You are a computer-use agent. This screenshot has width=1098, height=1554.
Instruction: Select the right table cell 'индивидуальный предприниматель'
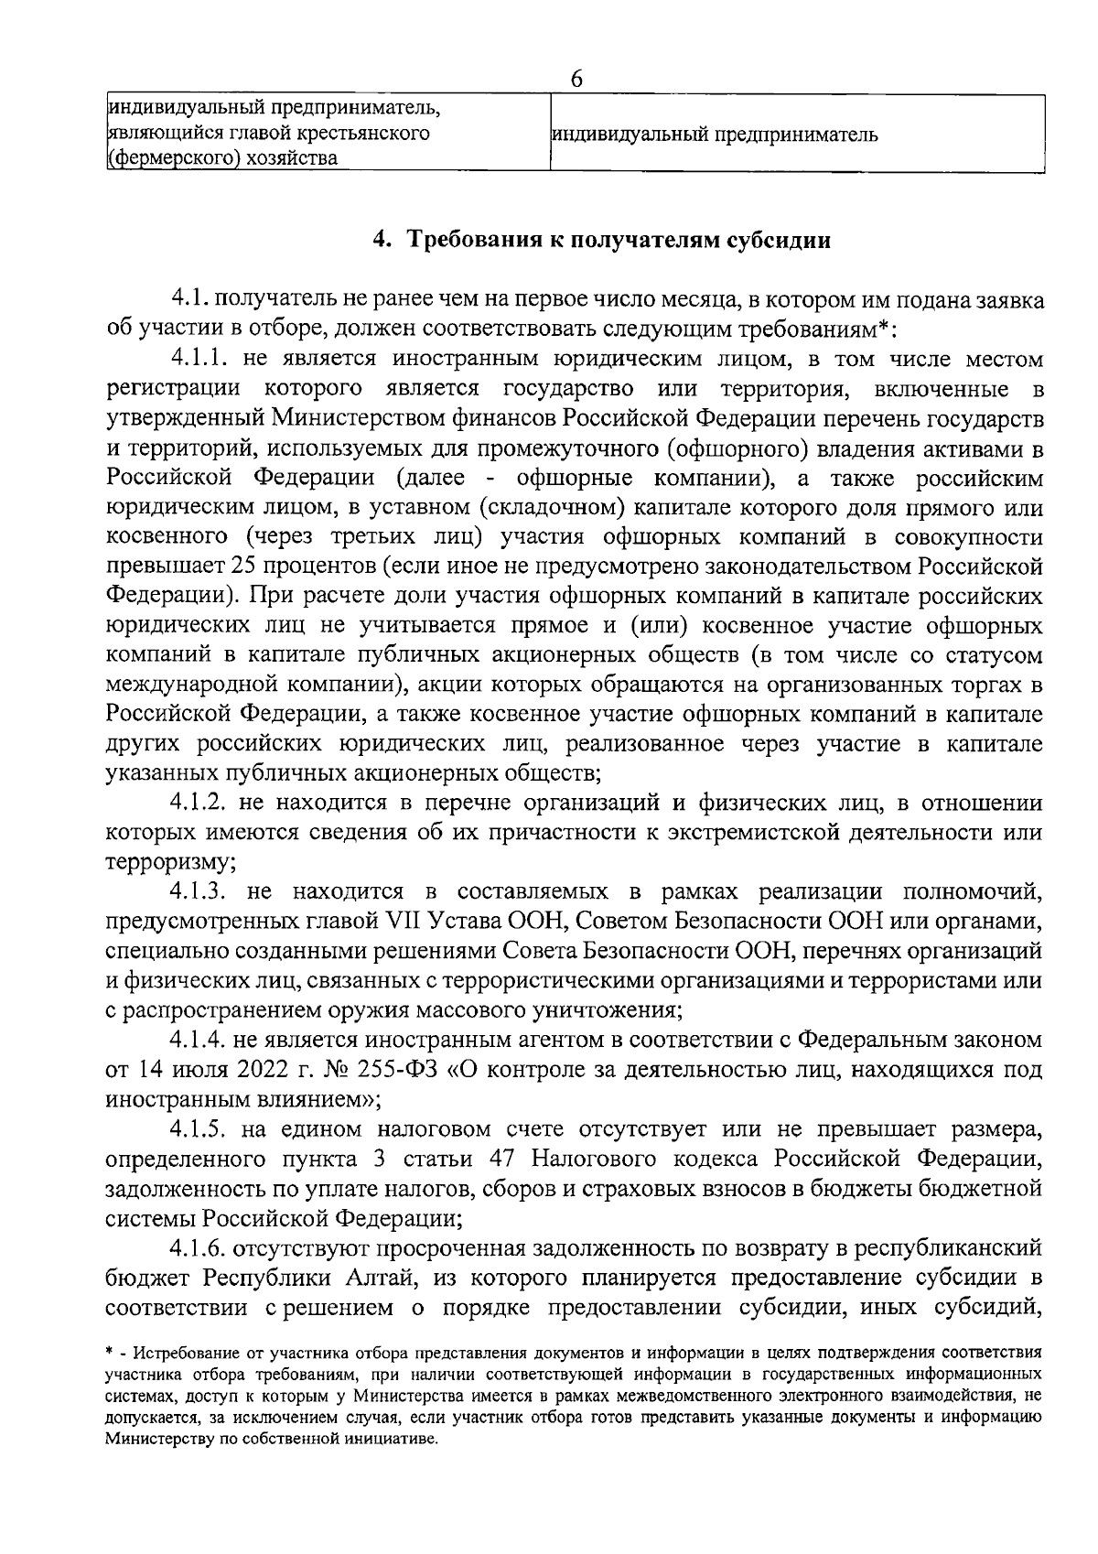click(714, 135)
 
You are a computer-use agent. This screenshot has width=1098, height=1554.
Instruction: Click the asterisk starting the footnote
click(110, 1351)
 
